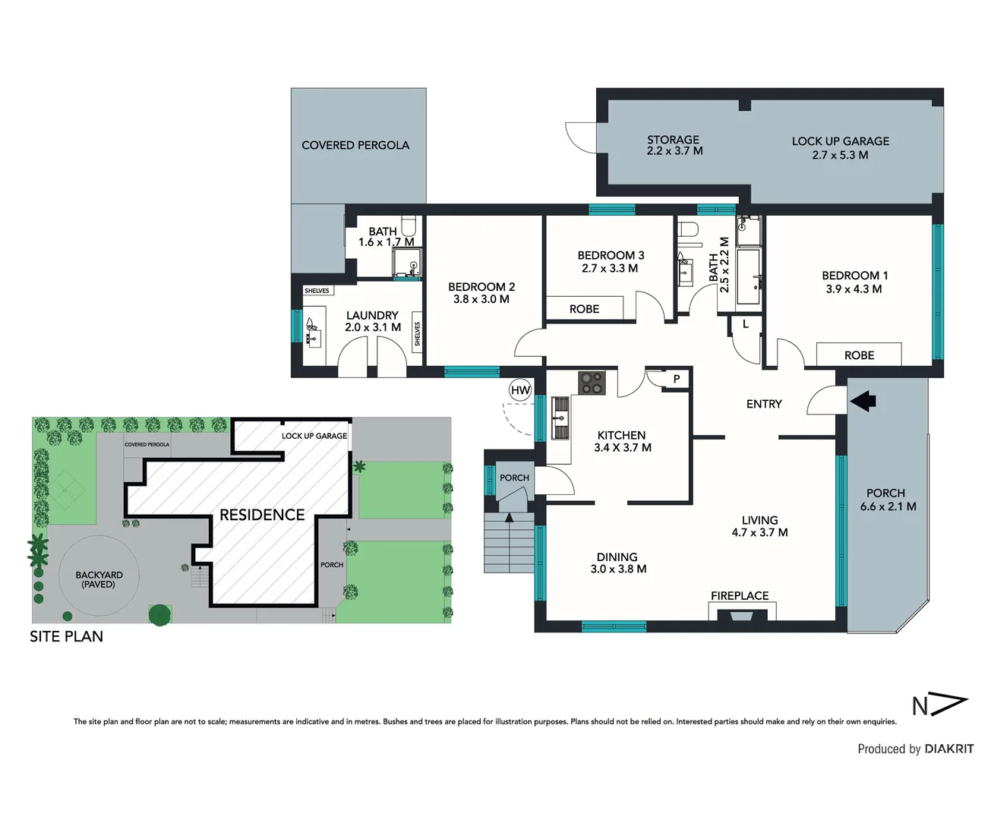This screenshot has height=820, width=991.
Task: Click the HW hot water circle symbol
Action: coord(520,390)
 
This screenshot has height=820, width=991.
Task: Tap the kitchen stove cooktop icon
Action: coord(592,382)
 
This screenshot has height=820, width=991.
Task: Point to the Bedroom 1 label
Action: coord(854,276)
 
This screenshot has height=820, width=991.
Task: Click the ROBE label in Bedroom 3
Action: coord(584,309)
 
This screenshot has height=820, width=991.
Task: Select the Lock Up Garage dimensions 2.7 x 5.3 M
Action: coord(840,155)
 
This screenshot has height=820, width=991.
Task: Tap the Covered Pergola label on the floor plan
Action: coord(355,145)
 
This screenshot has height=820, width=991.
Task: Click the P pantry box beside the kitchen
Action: coord(676,379)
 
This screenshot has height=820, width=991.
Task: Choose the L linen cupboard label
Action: coord(746,324)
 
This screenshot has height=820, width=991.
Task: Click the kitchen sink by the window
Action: coord(560,418)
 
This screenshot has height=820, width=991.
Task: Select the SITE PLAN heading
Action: coord(67,636)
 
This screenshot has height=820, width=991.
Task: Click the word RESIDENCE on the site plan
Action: coord(262,515)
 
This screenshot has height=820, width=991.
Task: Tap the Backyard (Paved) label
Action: coord(99,579)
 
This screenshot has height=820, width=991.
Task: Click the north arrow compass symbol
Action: coord(940,705)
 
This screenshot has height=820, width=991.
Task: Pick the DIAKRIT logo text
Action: coord(948,749)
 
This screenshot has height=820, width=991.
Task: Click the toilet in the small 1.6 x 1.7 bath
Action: coord(408,225)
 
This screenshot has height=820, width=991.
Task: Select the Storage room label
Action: coord(673,140)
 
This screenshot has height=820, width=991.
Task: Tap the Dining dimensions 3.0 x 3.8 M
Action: coord(618,569)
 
